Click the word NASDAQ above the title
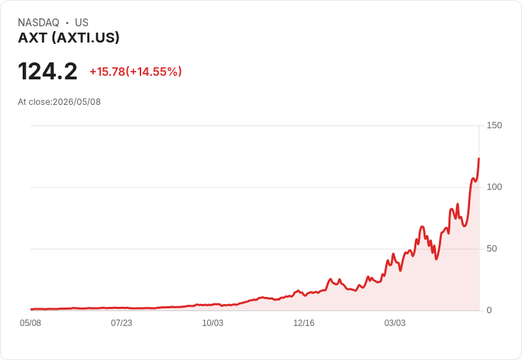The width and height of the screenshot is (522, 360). coord(38,23)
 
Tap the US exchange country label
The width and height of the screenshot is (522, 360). coord(82,23)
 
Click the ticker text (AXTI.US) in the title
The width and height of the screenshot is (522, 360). coord(85,38)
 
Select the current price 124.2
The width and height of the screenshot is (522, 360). coord(48,71)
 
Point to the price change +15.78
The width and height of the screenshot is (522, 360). coord(107,72)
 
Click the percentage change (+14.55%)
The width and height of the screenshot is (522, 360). coord(154,72)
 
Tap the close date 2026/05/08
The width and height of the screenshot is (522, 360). coord(77,102)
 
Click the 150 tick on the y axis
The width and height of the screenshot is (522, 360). coord(494,125)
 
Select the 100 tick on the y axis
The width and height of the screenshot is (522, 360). coord(494,187)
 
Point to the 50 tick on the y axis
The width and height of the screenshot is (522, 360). coord(492,249)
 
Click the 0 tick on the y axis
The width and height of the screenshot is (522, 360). coord(489,310)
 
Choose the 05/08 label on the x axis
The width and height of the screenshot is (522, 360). coord(30,323)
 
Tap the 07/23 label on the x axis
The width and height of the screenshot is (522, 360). coord(121,323)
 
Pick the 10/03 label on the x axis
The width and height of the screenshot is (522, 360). coord(213,323)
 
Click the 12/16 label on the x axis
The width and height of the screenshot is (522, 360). coord(304,323)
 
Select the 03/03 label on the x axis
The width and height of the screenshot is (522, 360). coord(395,323)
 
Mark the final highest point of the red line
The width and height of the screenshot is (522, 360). coord(479,159)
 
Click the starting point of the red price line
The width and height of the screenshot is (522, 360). coord(31,309)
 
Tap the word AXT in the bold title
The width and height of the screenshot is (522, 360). coord(33,38)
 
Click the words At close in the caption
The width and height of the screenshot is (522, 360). coord(34,102)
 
